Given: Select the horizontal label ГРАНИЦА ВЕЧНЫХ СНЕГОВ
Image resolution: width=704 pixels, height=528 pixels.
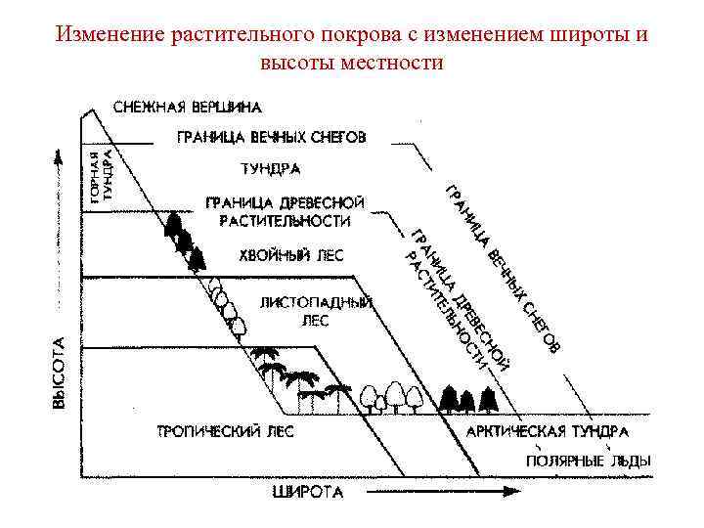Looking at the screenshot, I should point(271,138).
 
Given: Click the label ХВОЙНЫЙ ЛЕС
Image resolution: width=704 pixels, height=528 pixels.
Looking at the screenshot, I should point(291,256).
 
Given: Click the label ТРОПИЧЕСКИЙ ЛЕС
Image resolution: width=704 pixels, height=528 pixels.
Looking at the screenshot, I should point(226,431).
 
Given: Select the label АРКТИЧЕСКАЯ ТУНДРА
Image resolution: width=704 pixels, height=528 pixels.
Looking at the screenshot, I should point(548,431).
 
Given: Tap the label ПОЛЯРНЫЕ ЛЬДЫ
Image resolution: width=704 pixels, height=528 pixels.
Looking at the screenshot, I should point(589,460).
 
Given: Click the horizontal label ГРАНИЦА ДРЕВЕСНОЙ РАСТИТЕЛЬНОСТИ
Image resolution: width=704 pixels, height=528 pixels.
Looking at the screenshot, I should point(285,211).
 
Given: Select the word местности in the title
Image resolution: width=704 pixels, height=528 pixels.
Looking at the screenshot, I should point(394,63).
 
